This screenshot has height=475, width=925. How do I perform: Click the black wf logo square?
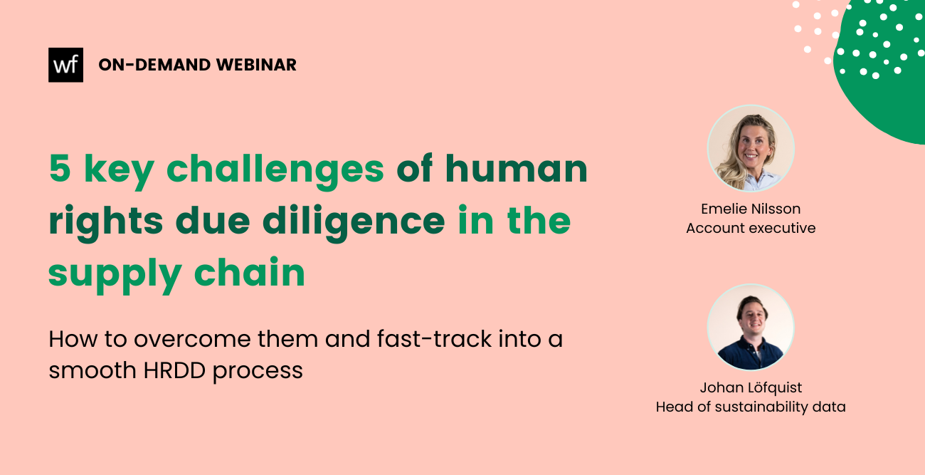[x=65, y=65]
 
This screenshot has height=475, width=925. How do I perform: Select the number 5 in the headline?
[x=60, y=169]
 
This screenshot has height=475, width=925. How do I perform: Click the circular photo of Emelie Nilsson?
[x=751, y=148]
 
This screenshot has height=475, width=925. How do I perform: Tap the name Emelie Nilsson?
[x=751, y=209]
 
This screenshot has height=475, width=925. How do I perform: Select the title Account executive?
[x=751, y=228]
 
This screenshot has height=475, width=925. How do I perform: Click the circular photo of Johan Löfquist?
[x=751, y=327]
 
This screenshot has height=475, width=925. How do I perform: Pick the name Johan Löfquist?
[x=751, y=387]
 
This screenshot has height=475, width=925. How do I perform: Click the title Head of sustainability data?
[x=751, y=407]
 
